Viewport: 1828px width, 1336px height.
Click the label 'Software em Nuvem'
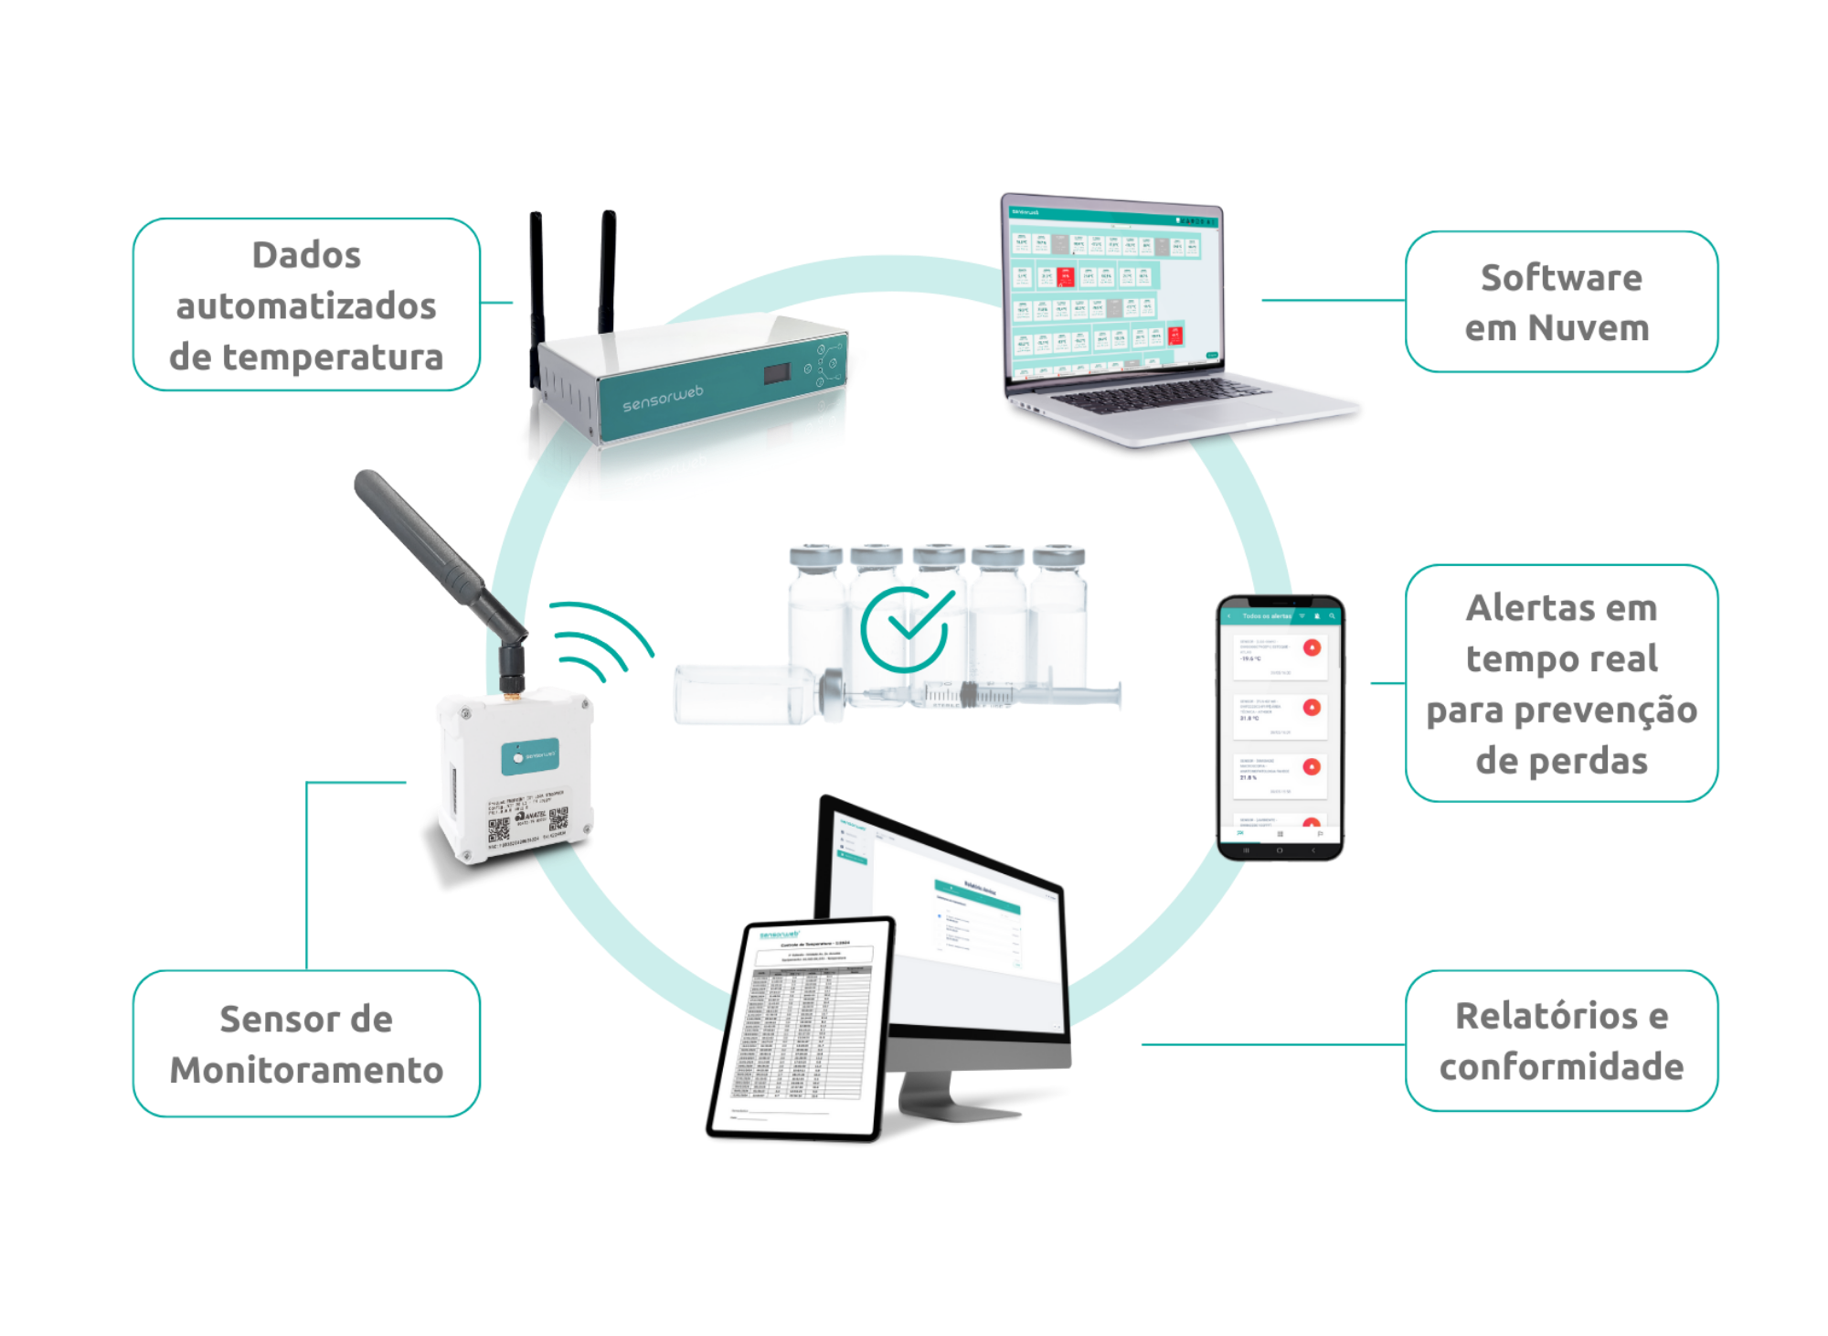pos(1561,302)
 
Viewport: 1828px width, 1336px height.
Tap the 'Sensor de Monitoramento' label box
pos(306,1044)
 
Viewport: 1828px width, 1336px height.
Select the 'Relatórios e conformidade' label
pos(1561,1042)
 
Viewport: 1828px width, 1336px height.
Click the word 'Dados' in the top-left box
pos(306,255)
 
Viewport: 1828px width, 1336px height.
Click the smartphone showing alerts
pos(1280,727)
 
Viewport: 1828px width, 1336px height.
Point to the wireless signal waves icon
pos(599,640)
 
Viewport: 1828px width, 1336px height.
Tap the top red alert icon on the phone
pos(1313,647)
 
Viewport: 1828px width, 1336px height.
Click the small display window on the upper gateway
pos(778,374)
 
